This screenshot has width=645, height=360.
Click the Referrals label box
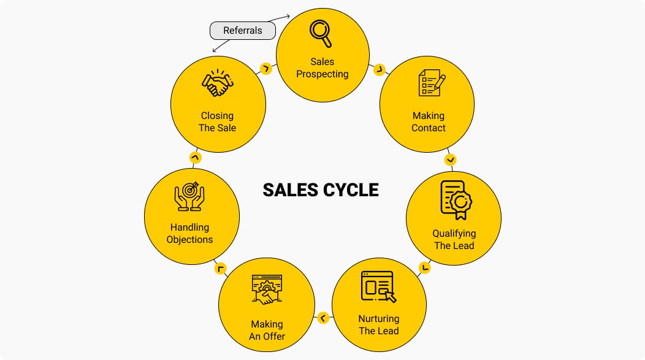pos(243,31)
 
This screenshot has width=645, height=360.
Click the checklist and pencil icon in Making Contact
pos(431,83)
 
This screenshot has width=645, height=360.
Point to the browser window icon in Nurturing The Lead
pos(378,286)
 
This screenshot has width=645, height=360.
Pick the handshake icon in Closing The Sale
pos(218,83)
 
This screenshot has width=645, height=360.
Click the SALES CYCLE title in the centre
pos(321,190)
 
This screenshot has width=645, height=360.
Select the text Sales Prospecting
pos(322,68)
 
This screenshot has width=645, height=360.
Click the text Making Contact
pos(429,121)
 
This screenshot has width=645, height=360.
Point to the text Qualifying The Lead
pos(454,239)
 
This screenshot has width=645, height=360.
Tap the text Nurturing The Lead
pos(378,325)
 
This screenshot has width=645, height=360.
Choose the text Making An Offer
pos(267,330)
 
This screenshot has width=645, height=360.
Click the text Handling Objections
pos(190,234)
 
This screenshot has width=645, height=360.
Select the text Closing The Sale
pos(217,121)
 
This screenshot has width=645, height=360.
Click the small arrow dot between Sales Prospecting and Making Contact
pos(379,69)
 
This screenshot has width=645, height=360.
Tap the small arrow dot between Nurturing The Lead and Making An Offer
pos(323,318)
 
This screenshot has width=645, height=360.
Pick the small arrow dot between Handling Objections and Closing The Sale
pos(195,158)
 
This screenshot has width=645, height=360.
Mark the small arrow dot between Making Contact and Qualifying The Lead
pos(451,160)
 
